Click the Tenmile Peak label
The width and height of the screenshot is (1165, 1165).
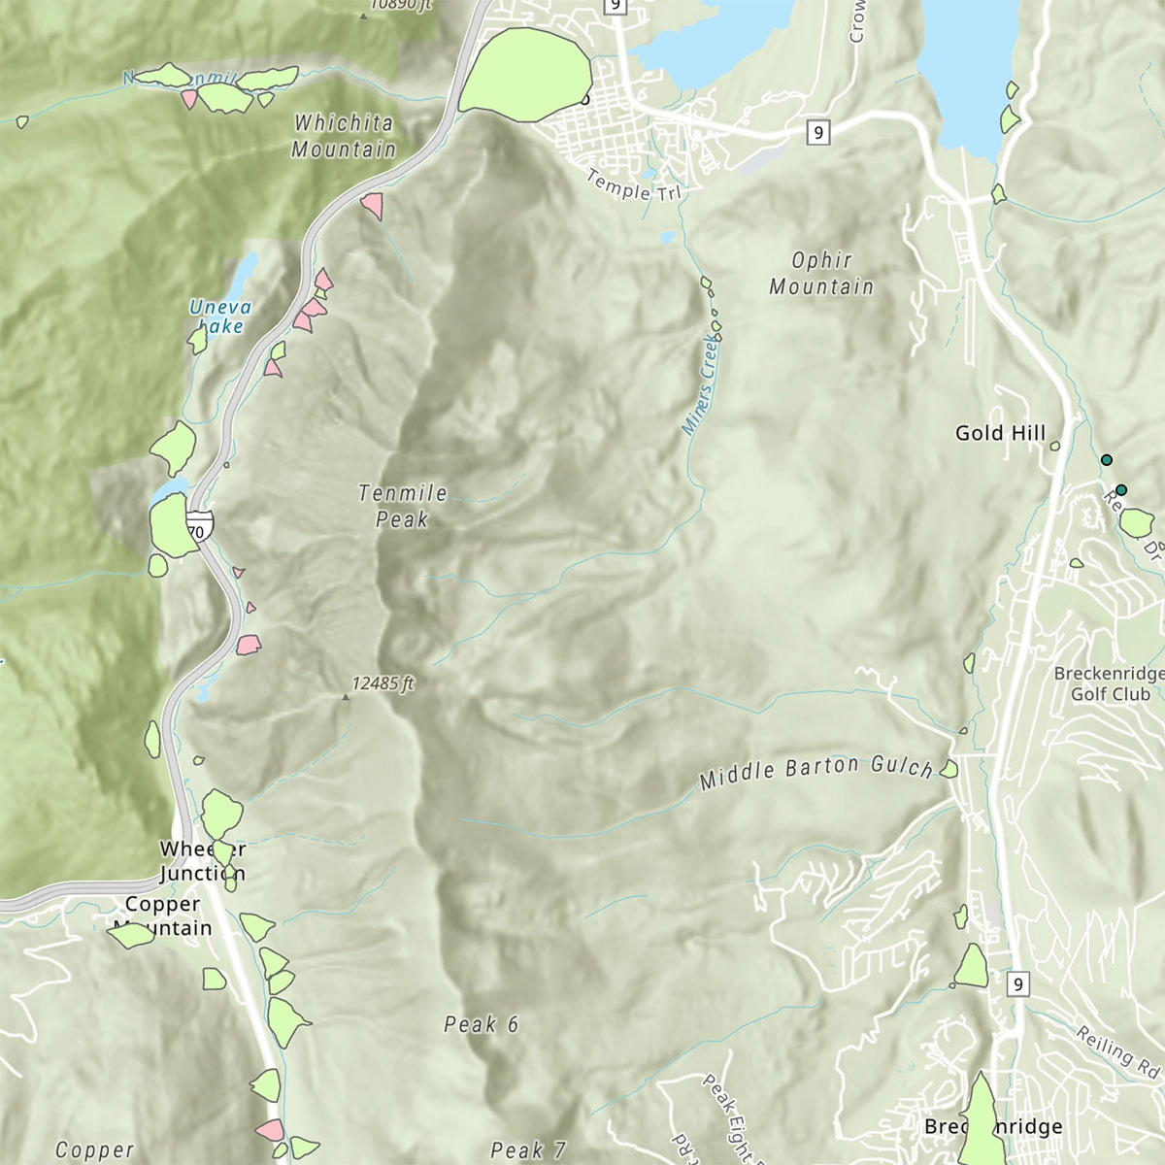pyautogui.click(x=403, y=506)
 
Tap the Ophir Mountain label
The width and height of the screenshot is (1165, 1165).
pyautogui.click(x=821, y=273)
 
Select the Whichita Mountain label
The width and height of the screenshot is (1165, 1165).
pyautogui.click(x=344, y=136)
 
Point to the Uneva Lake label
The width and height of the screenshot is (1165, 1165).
pyautogui.click(x=219, y=317)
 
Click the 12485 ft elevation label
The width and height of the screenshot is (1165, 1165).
pyautogui.click(x=383, y=683)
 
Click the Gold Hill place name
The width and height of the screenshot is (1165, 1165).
pyautogui.click(x=1000, y=433)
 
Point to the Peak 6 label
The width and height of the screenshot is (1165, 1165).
pyautogui.click(x=482, y=1024)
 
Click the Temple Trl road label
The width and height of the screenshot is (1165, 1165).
pyautogui.click(x=634, y=185)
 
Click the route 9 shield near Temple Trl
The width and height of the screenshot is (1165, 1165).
pyautogui.click(x=818, y=132)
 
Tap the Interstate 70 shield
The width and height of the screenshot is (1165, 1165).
pyautogui.click(x=199, y=527)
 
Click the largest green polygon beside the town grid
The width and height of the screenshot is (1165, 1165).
pyautogui.click(x=525, y=75)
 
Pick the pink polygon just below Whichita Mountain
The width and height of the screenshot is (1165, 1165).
pyautogui.click(x=372, y=205)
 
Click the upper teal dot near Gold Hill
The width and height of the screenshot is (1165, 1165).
pyautogui.click(x=1105, y=459)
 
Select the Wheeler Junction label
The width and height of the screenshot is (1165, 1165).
pyautogui.click(x=203, y=861)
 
